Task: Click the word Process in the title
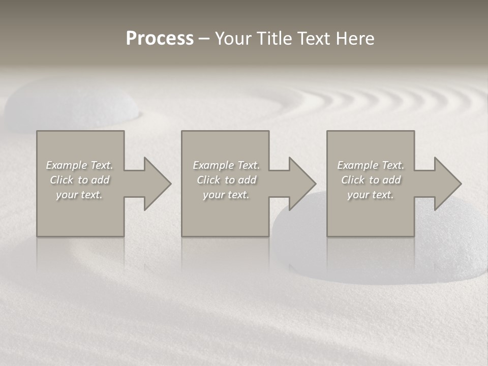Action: [x=160, y=39]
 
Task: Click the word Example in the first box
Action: [x=66, y=165]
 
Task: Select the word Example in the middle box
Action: [x=213, y=165]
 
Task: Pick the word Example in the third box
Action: [x=357, y=165]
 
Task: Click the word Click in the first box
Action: [x=62, y=180]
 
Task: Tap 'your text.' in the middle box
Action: [x=226, y=195]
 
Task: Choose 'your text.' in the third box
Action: [x=371, y=195]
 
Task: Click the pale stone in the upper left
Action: [x=71, y=104]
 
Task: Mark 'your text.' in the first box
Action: [x=79, y=195]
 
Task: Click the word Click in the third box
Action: [x=353, y=180]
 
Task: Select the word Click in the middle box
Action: [x=208, y=180]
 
